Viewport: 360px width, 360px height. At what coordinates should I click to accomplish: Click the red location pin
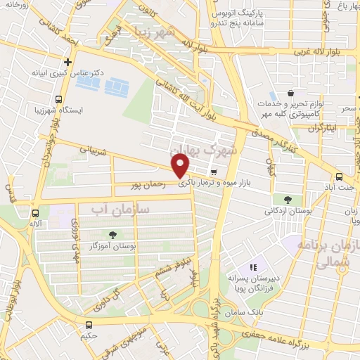coord(181,166)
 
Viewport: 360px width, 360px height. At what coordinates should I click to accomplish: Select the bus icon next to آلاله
coord(35,213)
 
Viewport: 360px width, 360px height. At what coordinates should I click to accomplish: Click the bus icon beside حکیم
coord(89,325)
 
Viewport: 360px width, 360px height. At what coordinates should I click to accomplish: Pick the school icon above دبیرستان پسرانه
coord(254,267)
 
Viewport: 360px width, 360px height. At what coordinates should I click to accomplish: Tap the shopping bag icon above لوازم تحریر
coord(290,94)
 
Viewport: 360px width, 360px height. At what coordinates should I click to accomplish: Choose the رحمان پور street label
coord(149,186)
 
